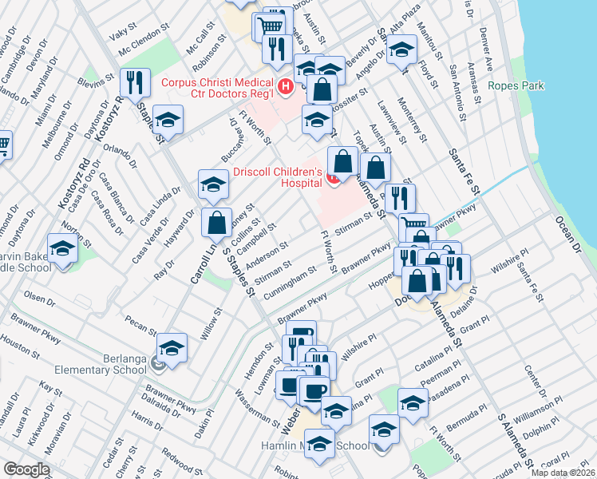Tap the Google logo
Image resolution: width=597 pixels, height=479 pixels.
[26, 469]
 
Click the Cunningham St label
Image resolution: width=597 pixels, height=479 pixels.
[287, 280]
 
